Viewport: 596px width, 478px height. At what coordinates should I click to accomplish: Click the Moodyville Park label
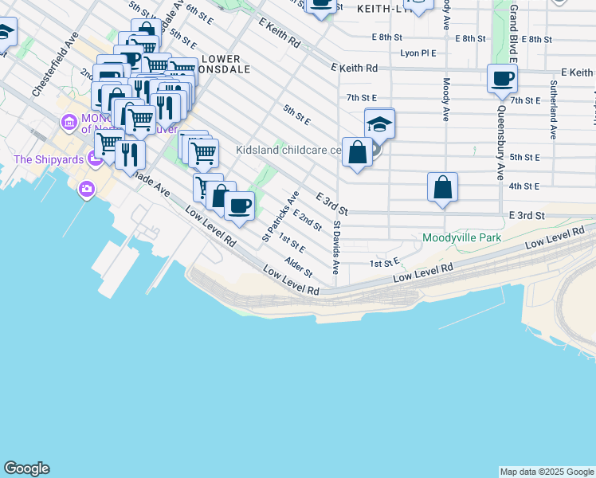[x=462, y=237]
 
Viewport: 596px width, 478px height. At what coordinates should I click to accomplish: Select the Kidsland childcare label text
[x=288, y=149]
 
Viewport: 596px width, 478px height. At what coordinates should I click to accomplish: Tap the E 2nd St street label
[x=307, y=220]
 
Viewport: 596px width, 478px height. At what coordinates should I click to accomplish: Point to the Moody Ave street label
[x=446, y=100]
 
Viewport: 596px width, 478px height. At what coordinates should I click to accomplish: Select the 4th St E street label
[x=525, y=186]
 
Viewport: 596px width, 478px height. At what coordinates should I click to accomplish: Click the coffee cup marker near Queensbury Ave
[x=502, y=79]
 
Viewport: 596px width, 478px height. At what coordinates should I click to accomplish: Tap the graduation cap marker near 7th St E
[x=380, y=123]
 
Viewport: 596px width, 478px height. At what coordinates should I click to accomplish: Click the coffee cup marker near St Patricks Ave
[x=238, y=206]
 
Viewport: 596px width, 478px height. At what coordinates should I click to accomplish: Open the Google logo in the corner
[x=26, y=468]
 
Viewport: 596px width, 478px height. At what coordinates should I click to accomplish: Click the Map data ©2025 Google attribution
[x=547, y=472]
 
